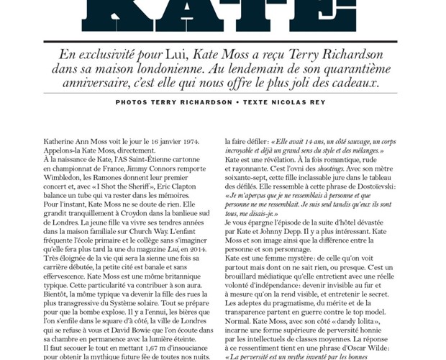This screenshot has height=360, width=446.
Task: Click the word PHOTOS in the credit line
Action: pyautogui.click(x=135, y=102)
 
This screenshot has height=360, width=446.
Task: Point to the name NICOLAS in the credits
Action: pyautogui.click(x=300, y=102)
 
